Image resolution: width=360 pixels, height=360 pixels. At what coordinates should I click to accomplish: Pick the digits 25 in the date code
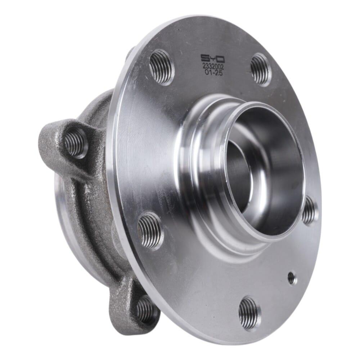217,73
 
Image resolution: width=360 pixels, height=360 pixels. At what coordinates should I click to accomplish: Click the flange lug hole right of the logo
261,69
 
